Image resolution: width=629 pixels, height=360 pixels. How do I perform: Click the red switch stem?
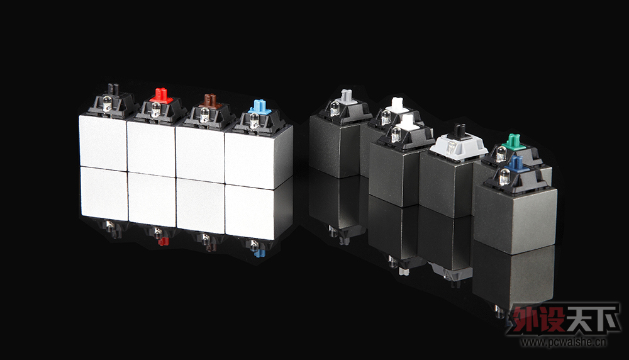pyautogui.click(x=161, y=96)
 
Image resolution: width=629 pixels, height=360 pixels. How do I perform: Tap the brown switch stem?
pyautogui.click(x=210, y=100)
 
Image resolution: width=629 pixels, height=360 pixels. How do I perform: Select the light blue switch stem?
pyautogui.click(x=260, y=107)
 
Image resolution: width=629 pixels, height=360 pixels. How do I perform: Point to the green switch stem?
pyautogui.click(x=514, y=141)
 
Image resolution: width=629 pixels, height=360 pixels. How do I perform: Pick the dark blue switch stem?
pyautogui.click(x=516, y=164)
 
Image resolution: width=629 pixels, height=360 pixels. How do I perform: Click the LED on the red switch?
pyautogui.click(x=155, y=109)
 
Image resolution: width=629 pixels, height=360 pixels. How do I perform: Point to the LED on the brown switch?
pyautogui.click(x=204, y=115)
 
